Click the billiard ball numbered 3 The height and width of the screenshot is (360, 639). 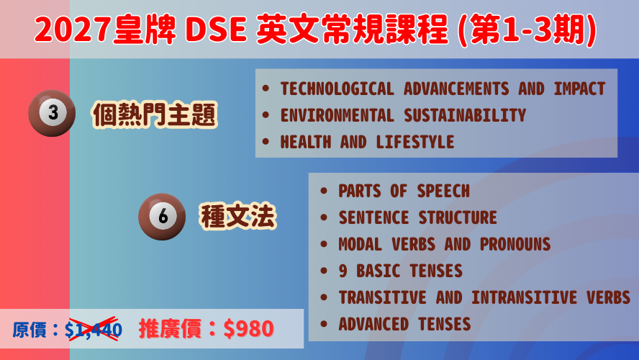point(52,113)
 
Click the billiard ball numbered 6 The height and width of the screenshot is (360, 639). point(162,217)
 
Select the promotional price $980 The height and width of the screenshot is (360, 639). point(248,328)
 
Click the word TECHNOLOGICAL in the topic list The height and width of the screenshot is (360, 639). point(337,89)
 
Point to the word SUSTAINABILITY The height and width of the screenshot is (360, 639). point(465,115)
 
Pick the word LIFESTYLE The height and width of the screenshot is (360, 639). point(415,142)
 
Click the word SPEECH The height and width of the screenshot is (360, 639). point(443,191)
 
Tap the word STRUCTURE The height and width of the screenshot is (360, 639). point(458,217)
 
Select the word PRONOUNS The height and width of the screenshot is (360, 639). point(515,244)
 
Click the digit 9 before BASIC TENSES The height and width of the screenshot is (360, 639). point(343,271)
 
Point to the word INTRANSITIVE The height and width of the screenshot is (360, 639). point(524,297)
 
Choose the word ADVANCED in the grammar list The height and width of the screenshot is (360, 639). point(373,324)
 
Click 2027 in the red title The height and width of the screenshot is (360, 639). point(73,30)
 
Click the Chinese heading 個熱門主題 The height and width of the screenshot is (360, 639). point(155,114)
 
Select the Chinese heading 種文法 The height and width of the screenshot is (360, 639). point(238,216)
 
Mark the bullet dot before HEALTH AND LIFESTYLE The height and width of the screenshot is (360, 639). point(266,142)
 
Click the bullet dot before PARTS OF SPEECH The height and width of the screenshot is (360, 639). point(324,191)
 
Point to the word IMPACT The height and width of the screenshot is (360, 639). point(579,89)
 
